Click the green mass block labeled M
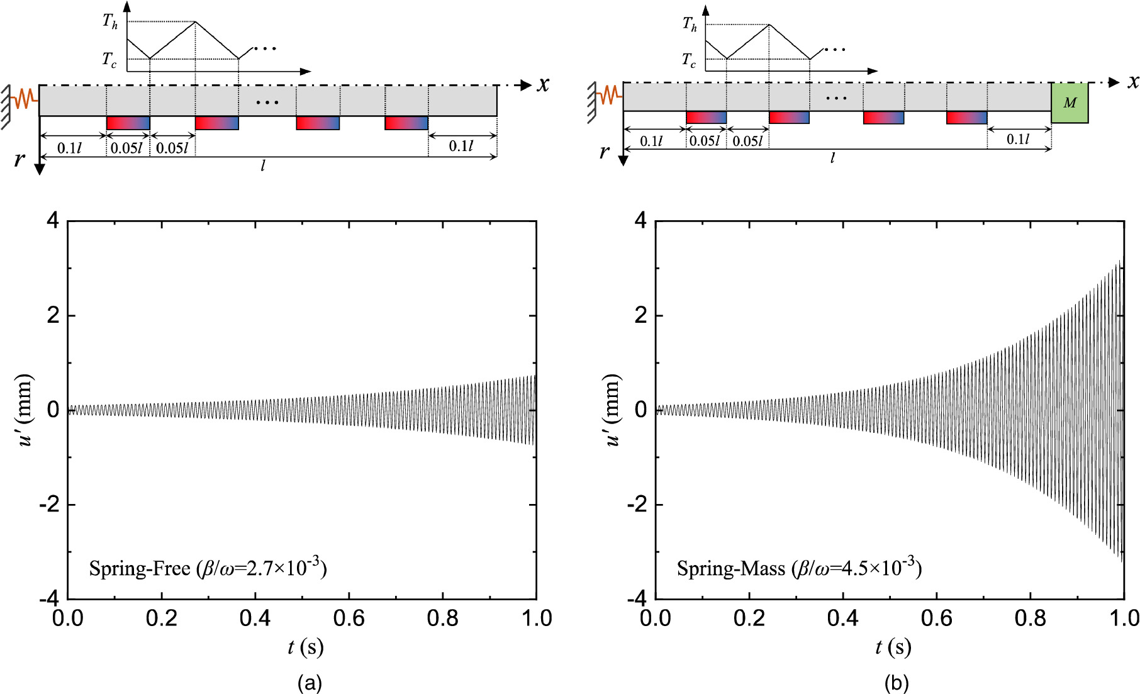(1070, 103)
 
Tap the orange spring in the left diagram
(24, 99)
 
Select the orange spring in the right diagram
(609, 96)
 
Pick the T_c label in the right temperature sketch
(690, 60)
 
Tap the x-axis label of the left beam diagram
(543, 84)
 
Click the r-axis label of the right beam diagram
(604, 151)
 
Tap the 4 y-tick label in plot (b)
(640, 221)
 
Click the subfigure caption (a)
(310, 682)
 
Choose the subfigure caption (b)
(896, 682)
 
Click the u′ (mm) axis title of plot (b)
(613, 410)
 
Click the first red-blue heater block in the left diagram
(128, 123)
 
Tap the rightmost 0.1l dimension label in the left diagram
(461, 147)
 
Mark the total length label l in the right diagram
(832, 158)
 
